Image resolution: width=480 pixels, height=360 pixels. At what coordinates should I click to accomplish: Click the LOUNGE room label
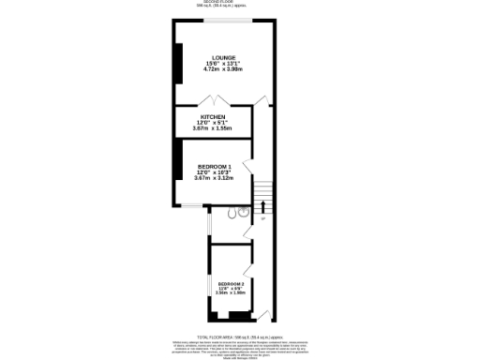223,57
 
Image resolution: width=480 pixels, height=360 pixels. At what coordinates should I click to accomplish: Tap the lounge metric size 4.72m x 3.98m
223,68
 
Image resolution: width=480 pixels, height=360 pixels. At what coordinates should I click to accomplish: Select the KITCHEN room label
213,116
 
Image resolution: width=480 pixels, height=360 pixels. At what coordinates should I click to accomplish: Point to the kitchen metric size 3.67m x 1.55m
213,127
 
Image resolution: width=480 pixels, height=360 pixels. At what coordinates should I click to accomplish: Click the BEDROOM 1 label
215,166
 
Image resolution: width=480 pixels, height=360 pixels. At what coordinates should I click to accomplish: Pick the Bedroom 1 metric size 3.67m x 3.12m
215,177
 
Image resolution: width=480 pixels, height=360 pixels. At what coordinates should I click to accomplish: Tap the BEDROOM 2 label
231,283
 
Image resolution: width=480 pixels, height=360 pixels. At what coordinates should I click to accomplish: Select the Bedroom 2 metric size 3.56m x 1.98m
231,292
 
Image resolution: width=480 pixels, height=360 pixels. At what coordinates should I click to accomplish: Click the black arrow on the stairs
263,206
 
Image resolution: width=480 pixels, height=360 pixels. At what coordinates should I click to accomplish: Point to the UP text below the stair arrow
263,219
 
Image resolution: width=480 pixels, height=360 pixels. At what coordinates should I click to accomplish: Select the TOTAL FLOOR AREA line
239,335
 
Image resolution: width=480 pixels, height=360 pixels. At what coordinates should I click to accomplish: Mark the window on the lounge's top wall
229,20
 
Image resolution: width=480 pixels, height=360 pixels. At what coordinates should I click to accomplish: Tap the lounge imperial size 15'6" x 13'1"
223,63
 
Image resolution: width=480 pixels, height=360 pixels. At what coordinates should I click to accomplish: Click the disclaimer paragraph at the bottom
239,348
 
